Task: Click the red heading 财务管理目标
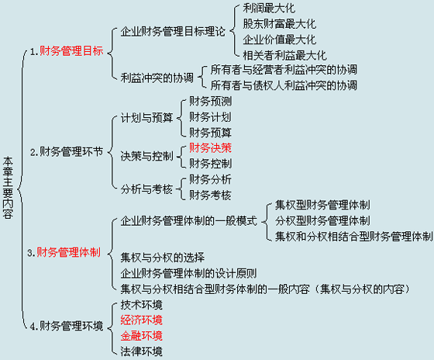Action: pyautogui.click(x=71, y=51)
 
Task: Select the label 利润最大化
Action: pyautogui.click(x=269, y=9)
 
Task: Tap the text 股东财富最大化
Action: pyautogui.click(x=280, y=24)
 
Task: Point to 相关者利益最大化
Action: pyautogui.click(x=285, y=55)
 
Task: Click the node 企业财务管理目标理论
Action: pyautogui.click(x=173, y=32)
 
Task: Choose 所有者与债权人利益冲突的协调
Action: pyautogui.click(x=284, y=85)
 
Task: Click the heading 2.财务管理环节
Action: pyautogui.click(x=67, y=152)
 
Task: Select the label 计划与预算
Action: pyautogui.click(x=146, y=118)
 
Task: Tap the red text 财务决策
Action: pyautogui.click(x=210, y=148)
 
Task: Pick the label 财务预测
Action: pyautogui.click(x=210, y=102)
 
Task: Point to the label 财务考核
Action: pyautogui.click(x=210, y=196)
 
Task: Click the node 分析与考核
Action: pyautogui.click(x=146, y=189)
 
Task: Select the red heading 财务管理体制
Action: pyautogui.click(x=69, y=252)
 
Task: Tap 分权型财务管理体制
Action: pyautogui.click(x=322, y=221)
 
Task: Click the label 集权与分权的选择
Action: pyautogui.click(x=163, y=258)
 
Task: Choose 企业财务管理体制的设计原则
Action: pyautogui.click(x=188, y=274)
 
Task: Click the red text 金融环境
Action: pyautogui.click(x=141, y=336)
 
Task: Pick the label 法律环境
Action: pyautogui.click(x=141, y=351)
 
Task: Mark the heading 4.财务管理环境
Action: pyautogui.click(x=67, y=326)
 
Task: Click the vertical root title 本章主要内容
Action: pyautogui.click(x=8, y=188)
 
